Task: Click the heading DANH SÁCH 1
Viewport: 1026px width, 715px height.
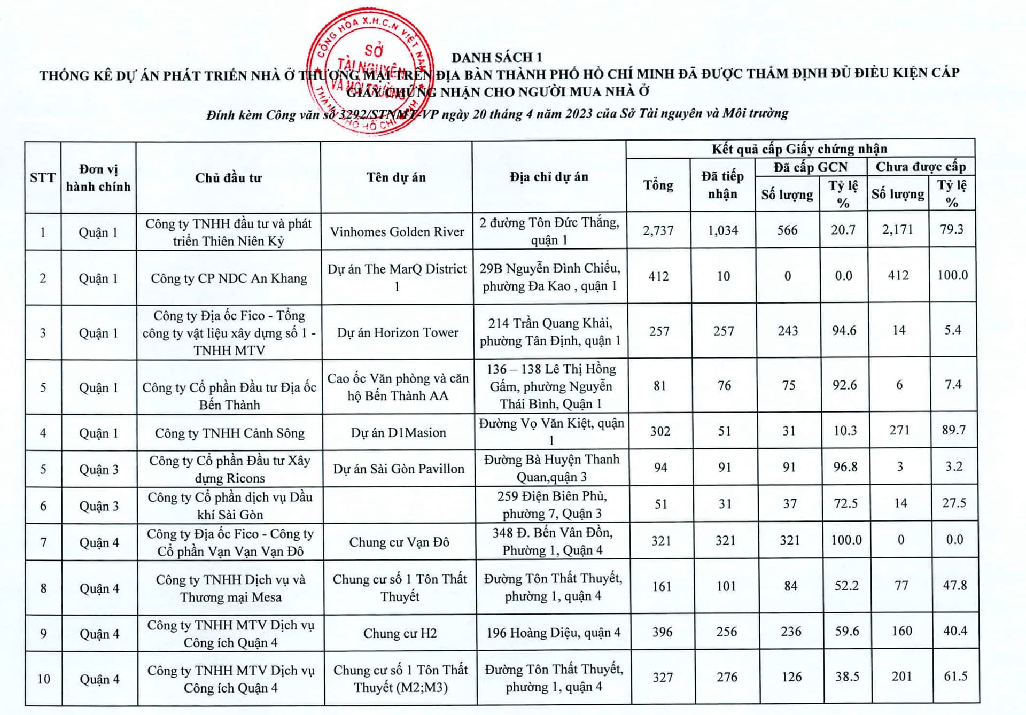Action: (x=496, y=57)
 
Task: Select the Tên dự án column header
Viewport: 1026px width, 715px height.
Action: (x=396, y=177)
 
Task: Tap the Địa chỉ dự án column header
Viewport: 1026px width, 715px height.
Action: (x=549, y=177)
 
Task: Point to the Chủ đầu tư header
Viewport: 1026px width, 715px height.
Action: (x=228, y=178)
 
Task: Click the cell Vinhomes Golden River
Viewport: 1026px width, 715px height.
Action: (x=397, y=231)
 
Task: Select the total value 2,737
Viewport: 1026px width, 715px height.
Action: (x=658, y=230)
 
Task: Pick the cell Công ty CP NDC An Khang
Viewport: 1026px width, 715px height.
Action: (x=229, y=278)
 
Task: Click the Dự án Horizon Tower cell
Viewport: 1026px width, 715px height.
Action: (x=398, y=332)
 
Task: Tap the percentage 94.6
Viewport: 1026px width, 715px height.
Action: (x=844, y=331)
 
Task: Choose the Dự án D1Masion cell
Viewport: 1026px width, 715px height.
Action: (x=398, y=432)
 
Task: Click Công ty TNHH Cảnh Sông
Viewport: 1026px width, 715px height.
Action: (x=229, y=433)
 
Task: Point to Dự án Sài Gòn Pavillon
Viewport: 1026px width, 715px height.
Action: (x=399, y=469)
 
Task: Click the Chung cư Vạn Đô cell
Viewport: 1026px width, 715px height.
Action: (x=399, y=542)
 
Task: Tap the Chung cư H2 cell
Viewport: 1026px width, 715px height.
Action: (x=400, y=633)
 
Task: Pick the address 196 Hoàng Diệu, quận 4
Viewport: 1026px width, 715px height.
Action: (x=553, y=633)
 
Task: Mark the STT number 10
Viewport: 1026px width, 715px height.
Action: (x=44, y=679)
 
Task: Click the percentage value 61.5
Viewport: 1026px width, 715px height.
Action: (x=955, y=676)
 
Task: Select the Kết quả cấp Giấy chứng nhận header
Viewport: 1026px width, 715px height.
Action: (x=799, y=149)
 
